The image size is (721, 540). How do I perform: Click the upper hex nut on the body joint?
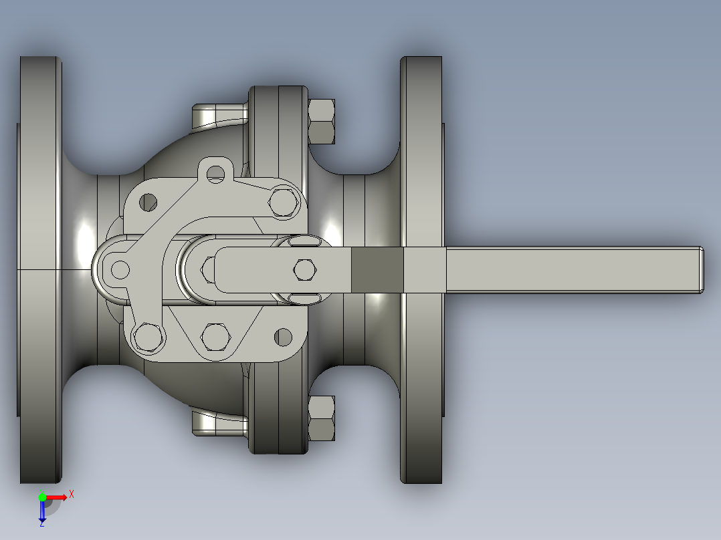point(322,121)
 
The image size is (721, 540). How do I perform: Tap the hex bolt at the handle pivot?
point(304,269)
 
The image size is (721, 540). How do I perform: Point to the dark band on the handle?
point(377,269)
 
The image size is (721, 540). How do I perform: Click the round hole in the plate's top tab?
point(215,174)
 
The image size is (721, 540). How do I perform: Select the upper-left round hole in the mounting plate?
point(148,201)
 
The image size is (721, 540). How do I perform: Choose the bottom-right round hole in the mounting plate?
point(284,337)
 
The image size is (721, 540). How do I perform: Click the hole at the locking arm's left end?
point(120,269)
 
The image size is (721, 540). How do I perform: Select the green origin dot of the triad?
point(42,497)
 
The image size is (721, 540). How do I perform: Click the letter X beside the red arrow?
point(72,494)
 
